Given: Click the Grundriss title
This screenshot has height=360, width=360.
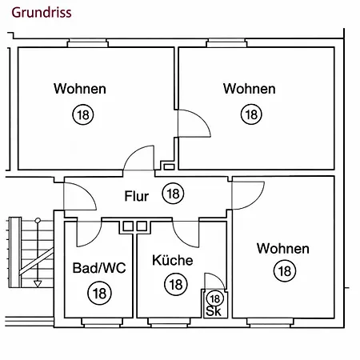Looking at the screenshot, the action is click(42, 13).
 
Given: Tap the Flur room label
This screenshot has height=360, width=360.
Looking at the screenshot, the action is click(137, 196).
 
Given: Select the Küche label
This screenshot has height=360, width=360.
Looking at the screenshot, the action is click(173, 260).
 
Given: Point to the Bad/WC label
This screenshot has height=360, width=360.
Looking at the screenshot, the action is click(99, 268).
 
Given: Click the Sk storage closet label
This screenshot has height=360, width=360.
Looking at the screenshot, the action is click(214, 311).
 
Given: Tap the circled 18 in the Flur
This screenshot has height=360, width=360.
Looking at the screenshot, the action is click(174, 194).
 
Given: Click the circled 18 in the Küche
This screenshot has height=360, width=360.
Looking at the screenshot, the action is click(176, 285).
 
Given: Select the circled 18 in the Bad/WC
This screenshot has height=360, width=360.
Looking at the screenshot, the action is click(99, 294).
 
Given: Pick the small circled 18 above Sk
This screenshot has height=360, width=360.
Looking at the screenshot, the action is click(215, 298).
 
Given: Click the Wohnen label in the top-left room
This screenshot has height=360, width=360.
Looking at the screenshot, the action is click(80, 89).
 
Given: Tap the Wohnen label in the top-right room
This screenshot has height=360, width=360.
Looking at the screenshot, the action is click(250, 89).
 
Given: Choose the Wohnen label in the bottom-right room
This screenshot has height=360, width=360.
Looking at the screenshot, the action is click(283, 249).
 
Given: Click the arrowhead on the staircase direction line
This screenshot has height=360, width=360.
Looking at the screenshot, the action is click(38, 284).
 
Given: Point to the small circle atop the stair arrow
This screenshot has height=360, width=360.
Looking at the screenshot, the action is click(38, 220).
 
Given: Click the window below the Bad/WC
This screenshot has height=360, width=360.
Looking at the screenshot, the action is click(102, 322).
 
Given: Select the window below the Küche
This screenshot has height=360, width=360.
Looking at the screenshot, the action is click(169, 322).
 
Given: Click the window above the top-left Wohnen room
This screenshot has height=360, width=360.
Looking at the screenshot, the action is click(88, 43).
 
